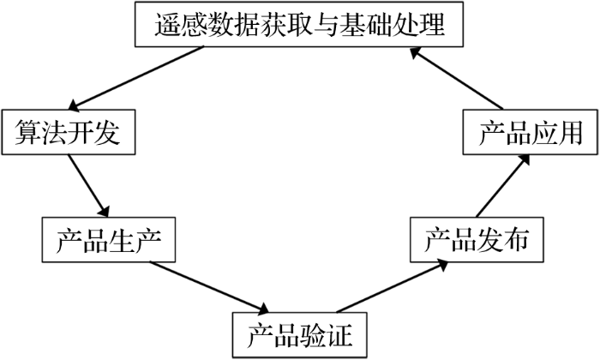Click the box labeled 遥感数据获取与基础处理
pyautogui.click(x=299, y=24)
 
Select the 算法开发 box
pyautogui.click(x=69, y=132)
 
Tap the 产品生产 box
pyautogui.click(x=109, y=240)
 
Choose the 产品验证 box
pyautogui.click(x=300, y=335)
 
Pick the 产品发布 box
pyautogui.click(x=477, y=240)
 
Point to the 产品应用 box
pyautogui.click(x=531, y=132)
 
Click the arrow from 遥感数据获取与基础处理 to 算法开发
pyautogui.click(x=135, y=78)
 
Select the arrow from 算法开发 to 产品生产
pyautogui.click(x=88, y=186)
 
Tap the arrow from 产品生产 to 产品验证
pyautogui.click(x=209, y=288)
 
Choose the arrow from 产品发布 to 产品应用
pyautogui.click(x=503, y=185)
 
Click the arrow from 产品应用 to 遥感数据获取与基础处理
pyautogui.click(x=456, y=78)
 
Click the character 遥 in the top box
pyautogui.click(x=168, y=25)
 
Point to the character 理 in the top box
pyautogui.click(x=431, y=25)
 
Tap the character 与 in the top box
pyautogui.click(x=327, y=25)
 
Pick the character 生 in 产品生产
pyautogui.click(x=122, y=240)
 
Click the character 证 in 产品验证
pyautogui.click(x=339, y=335)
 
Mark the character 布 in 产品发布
pyautogui.click(x=516, y=240)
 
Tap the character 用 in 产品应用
pyautogui.click(x=570, y=133)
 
